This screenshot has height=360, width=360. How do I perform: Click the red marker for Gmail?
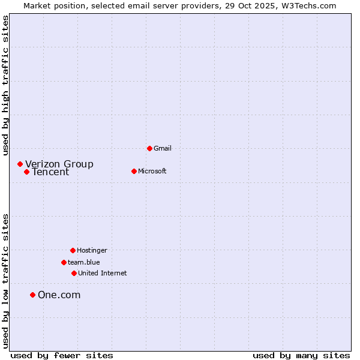[149, 148]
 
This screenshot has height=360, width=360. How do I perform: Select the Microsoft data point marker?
[134, 171]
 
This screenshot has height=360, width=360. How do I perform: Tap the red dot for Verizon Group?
[20, 164]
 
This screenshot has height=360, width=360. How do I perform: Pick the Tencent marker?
[26, 172]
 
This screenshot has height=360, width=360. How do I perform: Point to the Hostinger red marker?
[73, 250]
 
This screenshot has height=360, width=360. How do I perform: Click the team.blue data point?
[64, 262]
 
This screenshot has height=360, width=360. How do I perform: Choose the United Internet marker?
[74, 273]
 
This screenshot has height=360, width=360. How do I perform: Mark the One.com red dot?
[32, 295]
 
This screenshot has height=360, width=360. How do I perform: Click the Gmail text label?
[163, 148]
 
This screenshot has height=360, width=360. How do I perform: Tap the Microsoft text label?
[152, 171]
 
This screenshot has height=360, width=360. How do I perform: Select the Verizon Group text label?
[59, 164]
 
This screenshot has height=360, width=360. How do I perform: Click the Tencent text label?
[50, 172]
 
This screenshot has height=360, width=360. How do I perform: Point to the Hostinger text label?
[92, 250]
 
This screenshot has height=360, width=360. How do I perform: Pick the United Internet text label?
[103, 273]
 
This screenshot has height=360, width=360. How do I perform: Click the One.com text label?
[59, 295]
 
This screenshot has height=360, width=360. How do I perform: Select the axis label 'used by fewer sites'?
[62, 355]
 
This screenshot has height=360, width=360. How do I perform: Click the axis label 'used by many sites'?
[301, 355]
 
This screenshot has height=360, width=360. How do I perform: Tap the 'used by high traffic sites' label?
[6, 85]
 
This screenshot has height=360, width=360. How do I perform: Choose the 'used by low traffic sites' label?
[6, 281]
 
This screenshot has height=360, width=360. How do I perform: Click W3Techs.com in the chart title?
[307, 5]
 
